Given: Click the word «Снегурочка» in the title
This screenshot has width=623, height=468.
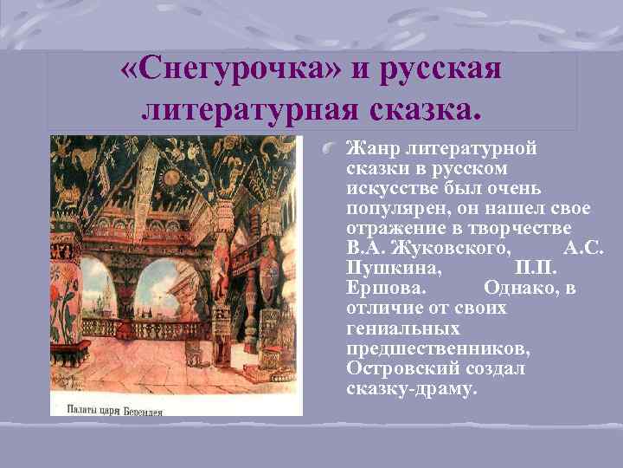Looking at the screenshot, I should [230, 71].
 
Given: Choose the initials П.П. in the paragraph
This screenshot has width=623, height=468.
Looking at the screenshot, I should [542, 269].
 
